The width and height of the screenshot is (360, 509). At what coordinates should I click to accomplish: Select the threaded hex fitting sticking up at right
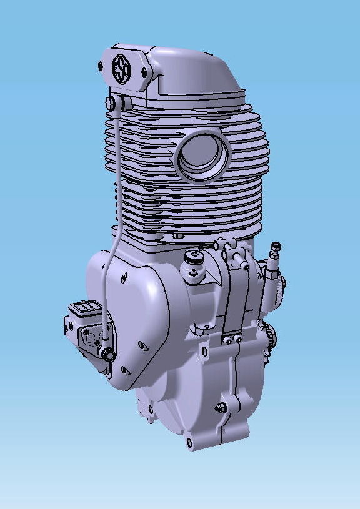(x=273, y=253)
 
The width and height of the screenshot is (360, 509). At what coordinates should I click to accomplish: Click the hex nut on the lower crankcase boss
(x=220, y=408)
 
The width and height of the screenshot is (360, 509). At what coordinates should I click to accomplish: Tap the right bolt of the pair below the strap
(x=237, y=340)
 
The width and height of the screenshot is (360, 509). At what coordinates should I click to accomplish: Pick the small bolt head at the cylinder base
(x=179, y=237)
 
